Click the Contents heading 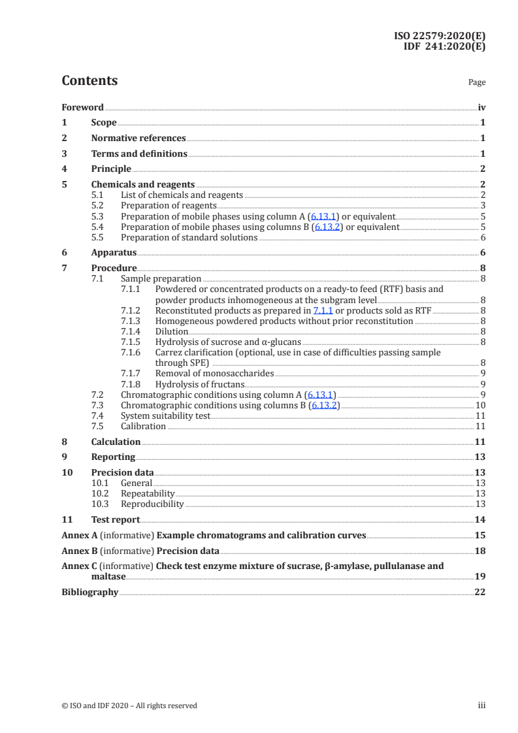89,81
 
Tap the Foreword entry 82,107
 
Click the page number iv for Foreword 481,107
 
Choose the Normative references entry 138,138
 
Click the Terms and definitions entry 139,154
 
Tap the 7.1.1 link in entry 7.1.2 323,310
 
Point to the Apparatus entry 114,252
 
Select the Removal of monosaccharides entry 214,373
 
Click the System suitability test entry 166,415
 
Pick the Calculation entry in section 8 116,442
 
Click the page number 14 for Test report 480,519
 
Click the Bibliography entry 89,592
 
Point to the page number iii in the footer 482,706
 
